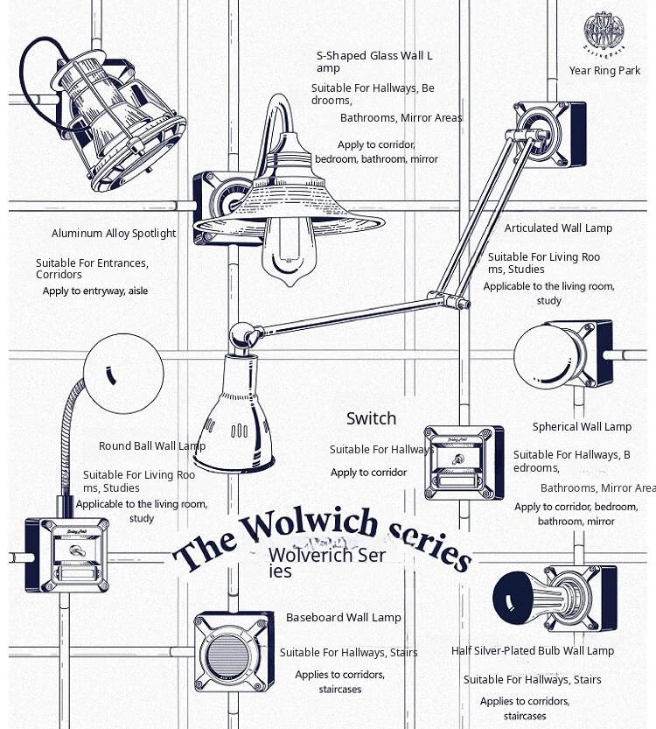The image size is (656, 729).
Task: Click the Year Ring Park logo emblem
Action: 604,31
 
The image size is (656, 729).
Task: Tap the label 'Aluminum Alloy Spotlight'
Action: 114,234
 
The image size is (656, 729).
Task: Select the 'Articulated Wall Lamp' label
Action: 558,228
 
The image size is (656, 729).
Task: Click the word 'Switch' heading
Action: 371,418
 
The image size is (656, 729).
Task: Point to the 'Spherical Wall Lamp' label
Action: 583,427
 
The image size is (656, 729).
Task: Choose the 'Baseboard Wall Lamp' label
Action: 344,618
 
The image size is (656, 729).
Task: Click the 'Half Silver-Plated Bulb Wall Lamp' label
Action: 533,651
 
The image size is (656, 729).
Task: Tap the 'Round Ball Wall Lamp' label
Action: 152,445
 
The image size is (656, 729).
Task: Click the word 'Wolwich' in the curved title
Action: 309,525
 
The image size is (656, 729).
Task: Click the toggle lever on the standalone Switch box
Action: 457,459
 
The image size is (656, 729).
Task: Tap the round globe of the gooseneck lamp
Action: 123,373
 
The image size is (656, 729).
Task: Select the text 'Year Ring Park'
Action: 605,71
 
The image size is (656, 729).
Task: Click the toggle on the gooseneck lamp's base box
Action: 76,551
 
